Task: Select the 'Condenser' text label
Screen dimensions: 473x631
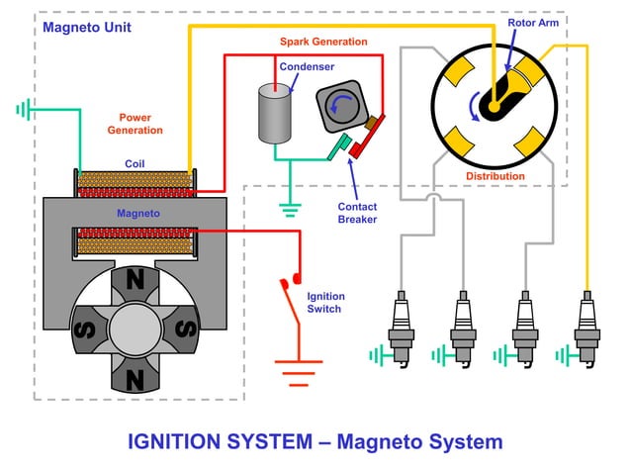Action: click(x=307, y=67)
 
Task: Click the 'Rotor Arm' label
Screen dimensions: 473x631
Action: click(x=531, y=22)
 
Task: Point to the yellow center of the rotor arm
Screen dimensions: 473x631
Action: click(x=492, y=104)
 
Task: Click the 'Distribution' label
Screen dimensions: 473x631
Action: click(x=496, y=176)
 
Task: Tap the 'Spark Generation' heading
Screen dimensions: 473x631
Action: click(x=322, y=42)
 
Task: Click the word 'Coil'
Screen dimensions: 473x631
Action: click(x=136, y=163)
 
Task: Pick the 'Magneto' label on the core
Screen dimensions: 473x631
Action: click(x=138, y=213)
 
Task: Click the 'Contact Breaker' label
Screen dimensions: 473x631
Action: click(x=357, y=213)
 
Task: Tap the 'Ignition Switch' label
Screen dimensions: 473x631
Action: click(x=324, y=302)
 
